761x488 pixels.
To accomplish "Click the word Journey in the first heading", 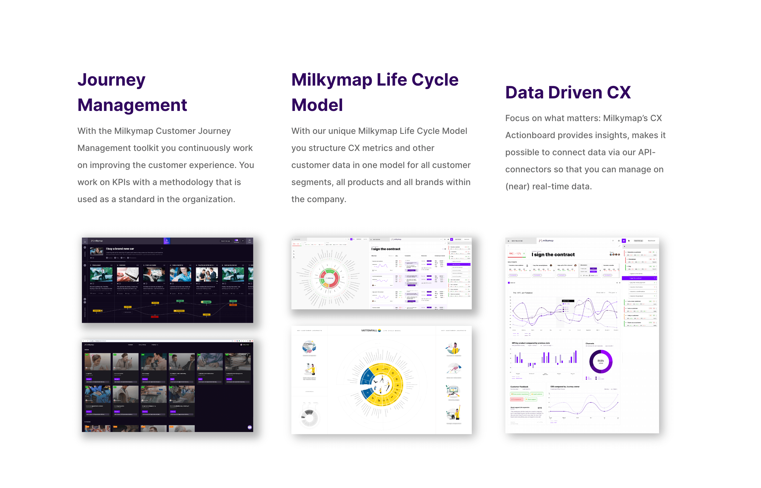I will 111,79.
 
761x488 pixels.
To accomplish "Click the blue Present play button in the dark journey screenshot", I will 167,241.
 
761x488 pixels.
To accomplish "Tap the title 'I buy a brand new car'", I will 120,249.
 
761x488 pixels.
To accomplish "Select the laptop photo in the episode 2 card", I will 128,274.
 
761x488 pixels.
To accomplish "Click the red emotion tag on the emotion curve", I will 154,317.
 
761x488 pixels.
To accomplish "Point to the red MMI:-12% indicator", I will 515,254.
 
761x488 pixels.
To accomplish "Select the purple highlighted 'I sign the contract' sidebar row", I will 639,278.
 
